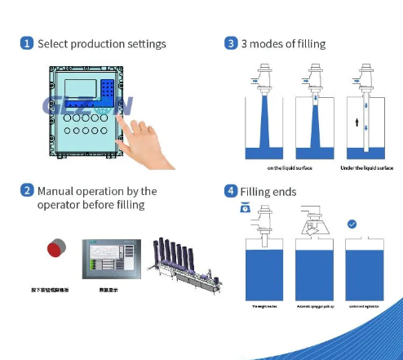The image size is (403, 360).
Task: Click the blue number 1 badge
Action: (x=27, y=43)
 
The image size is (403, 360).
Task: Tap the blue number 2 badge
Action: (x=27, y=191)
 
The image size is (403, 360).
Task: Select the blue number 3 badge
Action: (x=231, y=43)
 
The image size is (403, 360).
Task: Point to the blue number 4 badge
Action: (x=231, y=192)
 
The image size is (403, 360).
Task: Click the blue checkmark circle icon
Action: (x=352, y=224)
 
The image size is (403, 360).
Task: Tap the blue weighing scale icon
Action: (x=246, y=209)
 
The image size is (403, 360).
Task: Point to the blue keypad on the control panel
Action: (x=105, y=89)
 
